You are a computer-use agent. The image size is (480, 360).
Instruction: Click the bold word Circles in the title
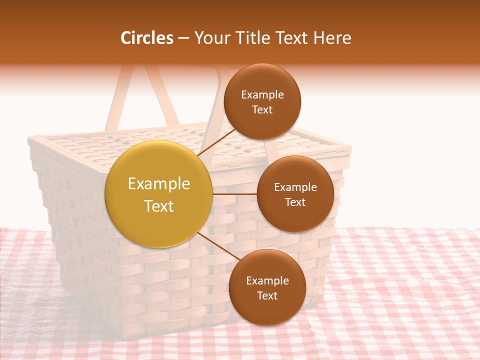click(x=147, y=38)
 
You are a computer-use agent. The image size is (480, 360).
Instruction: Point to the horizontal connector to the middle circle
click(x=234, y=194)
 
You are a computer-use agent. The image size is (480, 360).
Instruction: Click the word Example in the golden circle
click(x=159, y=184)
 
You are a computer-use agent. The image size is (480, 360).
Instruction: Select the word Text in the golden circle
click(x=159, y=206)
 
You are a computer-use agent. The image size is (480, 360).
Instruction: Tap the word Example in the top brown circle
click(x=262, y=95)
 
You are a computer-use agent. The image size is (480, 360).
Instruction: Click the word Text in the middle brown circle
click(x=295, y=202)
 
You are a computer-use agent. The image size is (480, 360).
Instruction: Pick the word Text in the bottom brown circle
click(x=267, y=296)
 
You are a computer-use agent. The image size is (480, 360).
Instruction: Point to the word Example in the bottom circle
click(x=267, y=281)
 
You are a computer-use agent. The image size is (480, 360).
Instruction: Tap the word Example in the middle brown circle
click(x=295, y=187)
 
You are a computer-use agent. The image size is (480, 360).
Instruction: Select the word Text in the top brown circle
click(x=262, y=110)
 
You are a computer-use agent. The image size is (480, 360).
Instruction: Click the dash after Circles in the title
click(x=183, y=38)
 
